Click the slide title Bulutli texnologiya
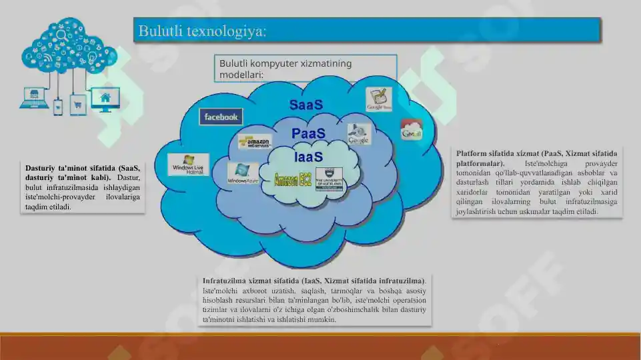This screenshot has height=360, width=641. [202, 31]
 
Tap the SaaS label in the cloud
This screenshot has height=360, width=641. [305, 105]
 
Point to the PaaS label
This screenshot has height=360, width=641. [308, 134]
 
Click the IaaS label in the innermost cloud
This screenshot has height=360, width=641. [308, 158]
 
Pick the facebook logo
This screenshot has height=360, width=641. [221, 117]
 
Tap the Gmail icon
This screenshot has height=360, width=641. [411, 131]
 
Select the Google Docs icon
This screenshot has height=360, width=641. [378, 99]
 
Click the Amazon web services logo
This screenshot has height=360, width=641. [255, 142]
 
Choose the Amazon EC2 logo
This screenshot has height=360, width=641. [293, 179]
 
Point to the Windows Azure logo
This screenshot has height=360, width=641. [242, 173]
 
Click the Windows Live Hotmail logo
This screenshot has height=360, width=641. [188, 165]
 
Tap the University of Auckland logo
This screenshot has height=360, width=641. [329, 179]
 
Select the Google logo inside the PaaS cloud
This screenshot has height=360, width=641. [358, 135]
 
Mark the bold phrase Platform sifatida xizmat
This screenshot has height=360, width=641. [497, 154]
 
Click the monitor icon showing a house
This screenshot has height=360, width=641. [105, 100]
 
